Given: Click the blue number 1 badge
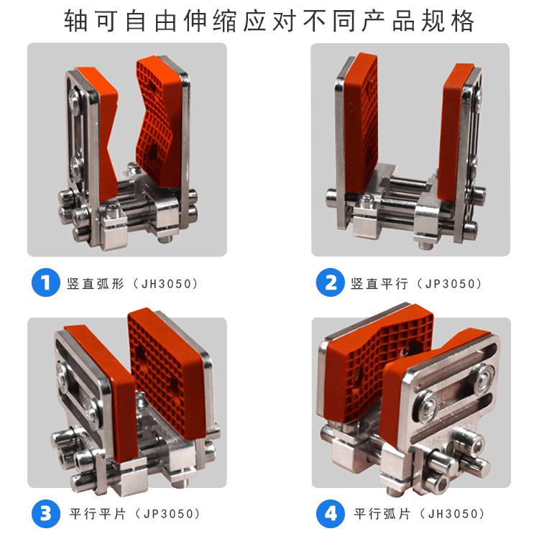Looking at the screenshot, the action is pyautogui.click(x=46, y=282).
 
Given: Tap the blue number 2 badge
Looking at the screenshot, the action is pyautogui.click(x=330, y=282).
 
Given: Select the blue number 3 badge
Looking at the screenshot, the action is pyautogui.click(x=46, y=514).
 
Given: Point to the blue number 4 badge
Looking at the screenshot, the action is pyautogui.click(x=331, y=514).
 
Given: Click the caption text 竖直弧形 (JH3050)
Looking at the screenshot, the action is pyautogui.click(x=133, y=284).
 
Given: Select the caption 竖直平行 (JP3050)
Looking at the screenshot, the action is pyautogui.click(x=416, y=284).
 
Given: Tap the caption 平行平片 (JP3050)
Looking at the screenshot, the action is pyautogui.click(x=135, y=514).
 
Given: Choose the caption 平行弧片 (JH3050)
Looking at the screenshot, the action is pyautogui.click(x=420, y=514).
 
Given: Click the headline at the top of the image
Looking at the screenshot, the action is pyautogui.click(x=269, y=22).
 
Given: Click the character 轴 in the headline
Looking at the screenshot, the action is pyautogui.click(x=75, y=22).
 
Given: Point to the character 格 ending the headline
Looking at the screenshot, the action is pyautogui.click(x=463, y=22).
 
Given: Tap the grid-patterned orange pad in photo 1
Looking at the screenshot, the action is pyautogui.click(x=157, y=122).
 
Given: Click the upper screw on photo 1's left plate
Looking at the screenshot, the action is pyautogui.click(x=74, y=101).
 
